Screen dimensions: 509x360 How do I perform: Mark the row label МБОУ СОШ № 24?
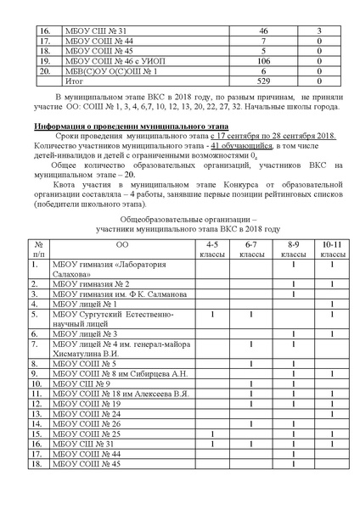click(87, 413)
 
